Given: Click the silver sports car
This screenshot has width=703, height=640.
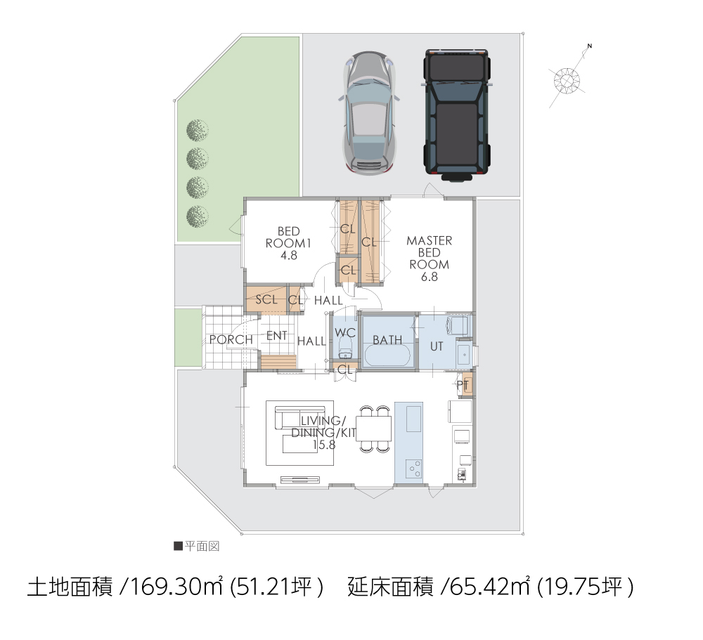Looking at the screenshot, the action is click(369, 112).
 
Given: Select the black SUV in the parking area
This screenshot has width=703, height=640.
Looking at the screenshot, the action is click(457, 115).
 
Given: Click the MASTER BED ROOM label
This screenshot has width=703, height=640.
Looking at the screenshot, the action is click(429, 259).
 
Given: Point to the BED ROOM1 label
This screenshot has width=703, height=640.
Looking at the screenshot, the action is click(288, 243).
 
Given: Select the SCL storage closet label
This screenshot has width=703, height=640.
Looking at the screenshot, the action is click(266, 299).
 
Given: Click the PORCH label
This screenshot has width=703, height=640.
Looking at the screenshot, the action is click(231, 340).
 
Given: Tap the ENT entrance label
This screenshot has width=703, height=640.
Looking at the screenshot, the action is click(276, 335).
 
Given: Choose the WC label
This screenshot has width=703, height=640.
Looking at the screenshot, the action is click(344, 332).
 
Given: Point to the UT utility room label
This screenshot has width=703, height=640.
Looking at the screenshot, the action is click(437, 346).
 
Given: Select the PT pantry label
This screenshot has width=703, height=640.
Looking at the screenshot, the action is click(463, 384).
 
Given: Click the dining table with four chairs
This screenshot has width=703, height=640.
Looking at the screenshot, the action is click(374, 429).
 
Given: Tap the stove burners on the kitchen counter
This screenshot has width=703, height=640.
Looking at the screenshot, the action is click(414, 469).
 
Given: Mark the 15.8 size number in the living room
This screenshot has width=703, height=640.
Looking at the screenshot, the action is click(323, 445).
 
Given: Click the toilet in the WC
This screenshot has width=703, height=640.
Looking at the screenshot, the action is click(345, 348).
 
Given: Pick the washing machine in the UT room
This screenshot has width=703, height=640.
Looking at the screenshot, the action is click(458, 325).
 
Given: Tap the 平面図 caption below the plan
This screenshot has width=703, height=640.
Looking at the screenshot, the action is click(202, 547).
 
